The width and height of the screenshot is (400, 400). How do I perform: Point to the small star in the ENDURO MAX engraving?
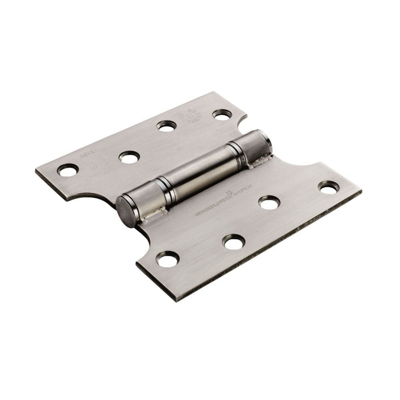[x=230, y=195]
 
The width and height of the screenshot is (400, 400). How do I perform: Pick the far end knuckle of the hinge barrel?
[x=256, y=146]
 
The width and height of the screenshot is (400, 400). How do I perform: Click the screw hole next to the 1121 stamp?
[x=67, y=170]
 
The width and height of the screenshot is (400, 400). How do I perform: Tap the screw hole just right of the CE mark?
[x=129, y=157]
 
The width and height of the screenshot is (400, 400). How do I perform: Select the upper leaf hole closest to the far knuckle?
[x=222, y=115]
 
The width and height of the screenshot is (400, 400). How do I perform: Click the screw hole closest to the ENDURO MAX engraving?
[x=269, y=202]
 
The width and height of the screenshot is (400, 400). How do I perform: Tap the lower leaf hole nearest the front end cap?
[x=167, y=259]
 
